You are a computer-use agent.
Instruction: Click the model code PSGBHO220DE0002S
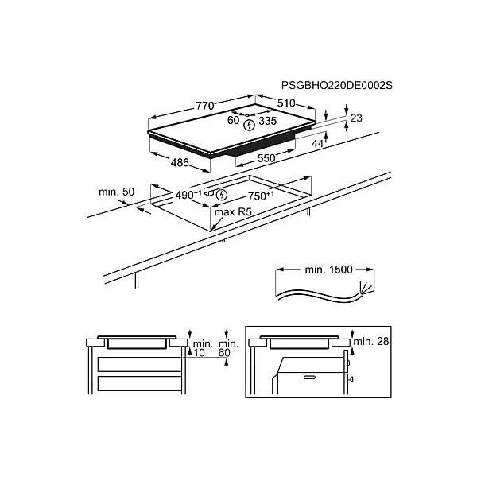337,85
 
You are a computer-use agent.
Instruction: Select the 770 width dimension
205,106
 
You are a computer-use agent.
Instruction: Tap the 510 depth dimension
286,103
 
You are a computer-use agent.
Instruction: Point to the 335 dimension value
267,121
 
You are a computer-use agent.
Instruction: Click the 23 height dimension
356,118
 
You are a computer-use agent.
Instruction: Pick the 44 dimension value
317,144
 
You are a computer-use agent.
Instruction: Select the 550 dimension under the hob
266,158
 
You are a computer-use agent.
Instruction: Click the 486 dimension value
180,163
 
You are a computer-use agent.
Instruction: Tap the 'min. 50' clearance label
117,192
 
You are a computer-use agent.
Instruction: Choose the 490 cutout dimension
188,195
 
